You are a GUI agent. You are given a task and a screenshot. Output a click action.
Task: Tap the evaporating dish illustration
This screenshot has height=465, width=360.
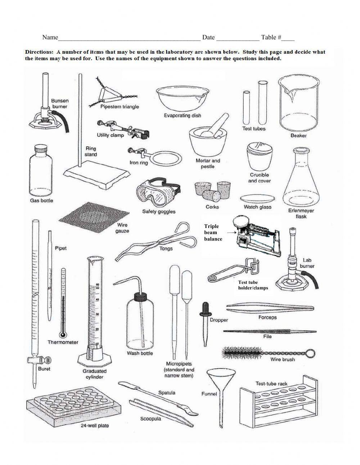pyautogui.click(x=182, y=99)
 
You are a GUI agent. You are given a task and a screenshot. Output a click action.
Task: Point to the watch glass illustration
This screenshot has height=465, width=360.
pyautogui.click(x=258, y=199)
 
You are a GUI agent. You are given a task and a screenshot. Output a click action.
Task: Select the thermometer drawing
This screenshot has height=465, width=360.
pyautogui.click(x=63, y=303)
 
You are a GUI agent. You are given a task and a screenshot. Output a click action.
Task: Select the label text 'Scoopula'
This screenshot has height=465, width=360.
pyautogui.click(x=150, y=419)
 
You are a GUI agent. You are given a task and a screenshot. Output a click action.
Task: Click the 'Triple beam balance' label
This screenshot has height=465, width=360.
pyautogui.click(x=213, y=232)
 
